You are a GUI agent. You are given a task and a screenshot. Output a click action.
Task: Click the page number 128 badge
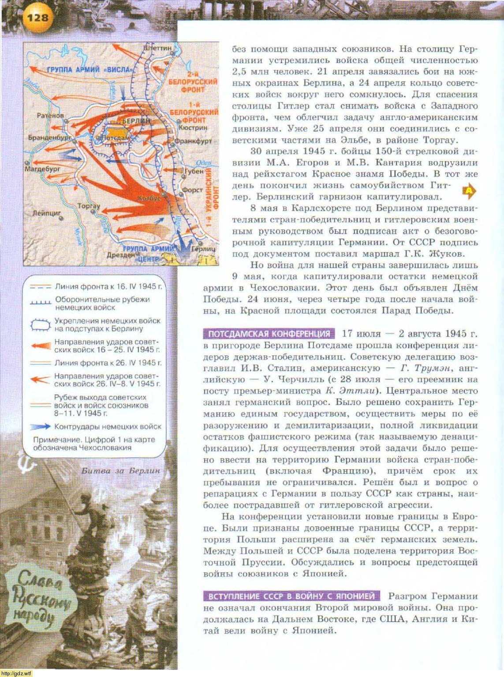[37, 18]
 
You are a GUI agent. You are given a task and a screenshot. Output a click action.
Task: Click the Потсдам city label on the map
[115, 138]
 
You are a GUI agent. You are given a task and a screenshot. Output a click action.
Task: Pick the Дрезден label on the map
[120, 255]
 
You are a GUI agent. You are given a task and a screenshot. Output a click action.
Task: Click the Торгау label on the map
[89, 206]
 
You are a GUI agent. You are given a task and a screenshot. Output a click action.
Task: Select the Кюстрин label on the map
[193, 127]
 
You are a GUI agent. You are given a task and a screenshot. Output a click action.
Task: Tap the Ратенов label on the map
[50, 116]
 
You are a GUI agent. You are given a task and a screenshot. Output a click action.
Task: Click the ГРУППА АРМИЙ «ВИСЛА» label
[90, 70]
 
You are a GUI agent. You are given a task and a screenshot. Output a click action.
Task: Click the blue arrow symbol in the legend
[41, 427]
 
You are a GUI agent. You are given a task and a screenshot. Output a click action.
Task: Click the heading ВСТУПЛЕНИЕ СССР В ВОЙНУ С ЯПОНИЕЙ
[291, 596]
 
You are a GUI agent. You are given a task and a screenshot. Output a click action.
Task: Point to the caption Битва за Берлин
[120, 471]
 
